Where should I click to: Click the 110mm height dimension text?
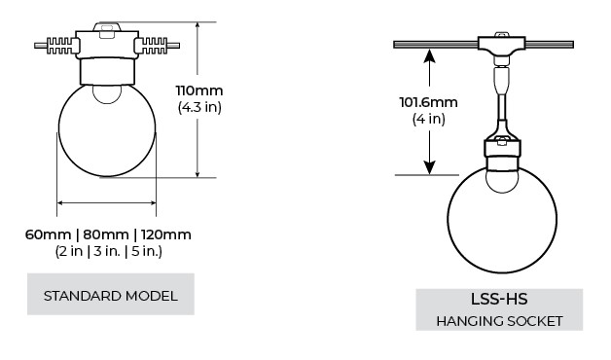coord(199,90)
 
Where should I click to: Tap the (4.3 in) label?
coord(199,107)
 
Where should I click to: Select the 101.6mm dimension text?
coord(428,102)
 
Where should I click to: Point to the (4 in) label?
coord(429,119)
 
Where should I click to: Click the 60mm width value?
coord(48,234)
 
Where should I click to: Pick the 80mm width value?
coord(106,234)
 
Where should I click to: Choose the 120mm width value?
coord(166,234)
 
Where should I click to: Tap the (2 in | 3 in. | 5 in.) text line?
coord(108,251)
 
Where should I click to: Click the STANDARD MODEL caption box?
coord(111,294)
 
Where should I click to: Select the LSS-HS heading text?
coord(499,300)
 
